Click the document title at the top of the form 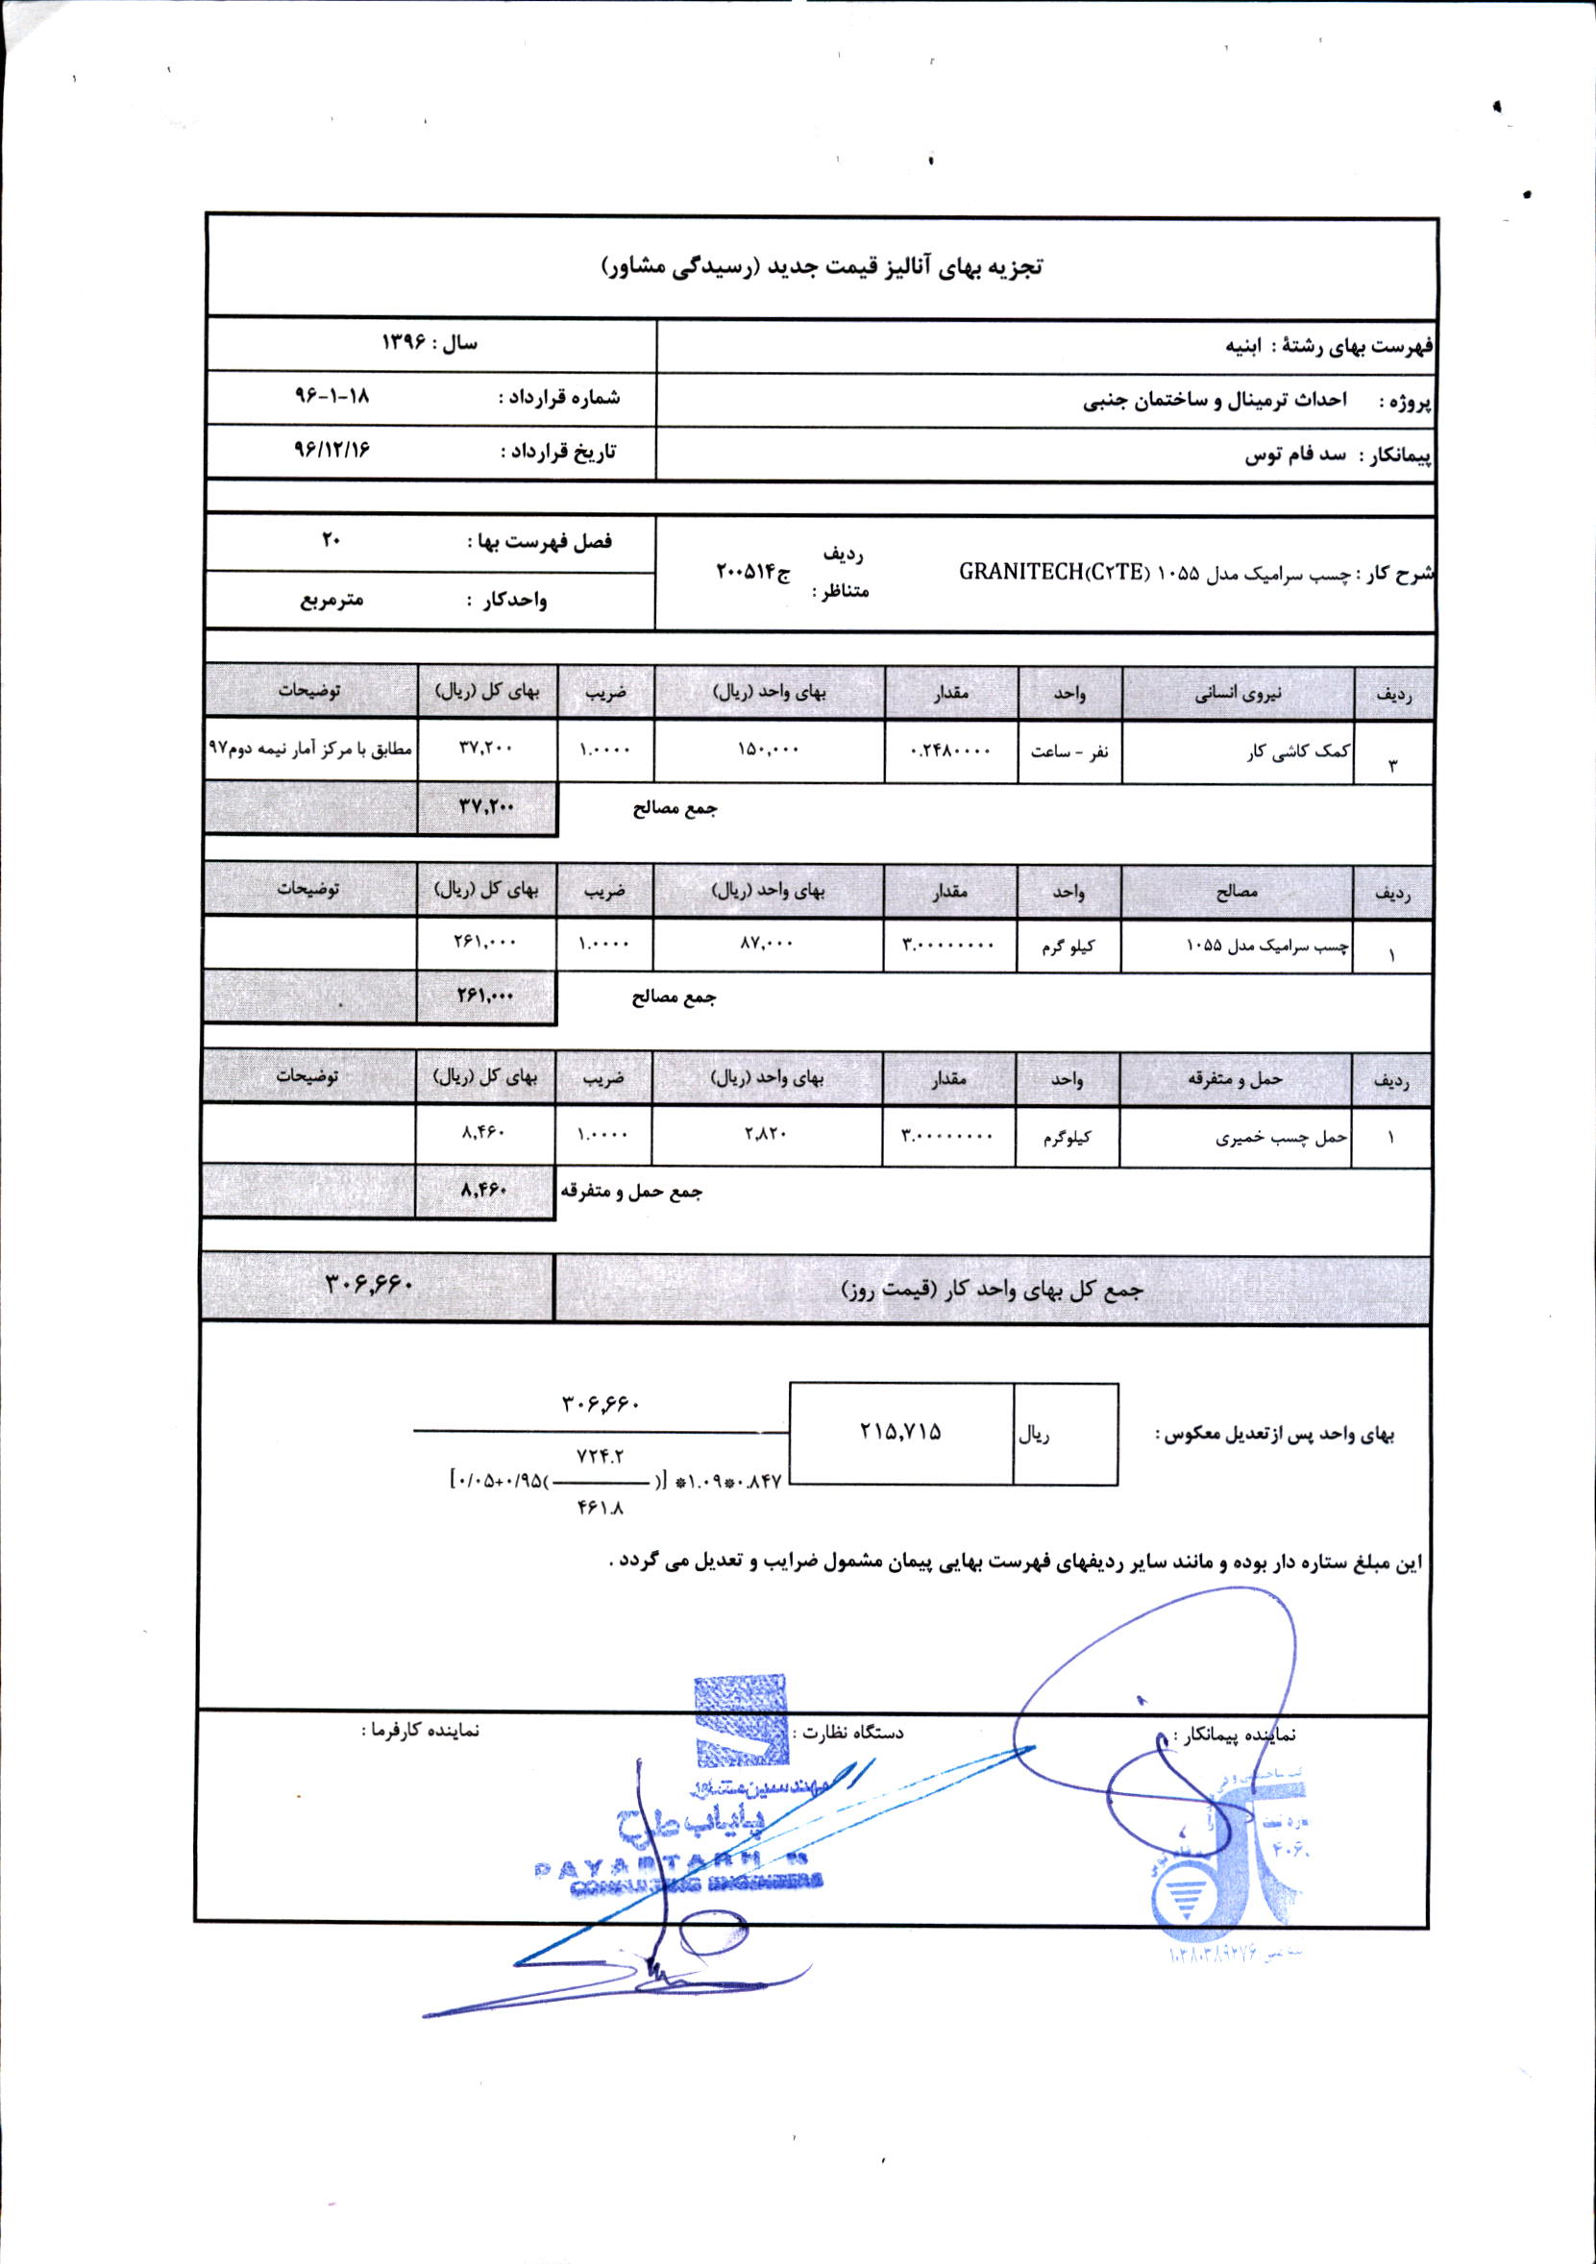pos(823,267)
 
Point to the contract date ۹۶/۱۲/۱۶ pos(331,449)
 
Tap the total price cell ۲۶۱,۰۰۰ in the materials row pos(486,943)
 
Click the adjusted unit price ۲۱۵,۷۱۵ pos(900,1432)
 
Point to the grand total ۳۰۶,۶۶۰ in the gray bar pos(369,1284)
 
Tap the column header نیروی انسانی pos(1239,694)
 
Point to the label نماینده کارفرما pos(420,1731)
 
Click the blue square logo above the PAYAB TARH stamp pos(742,1721)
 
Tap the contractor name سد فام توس pos(1295,455)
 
